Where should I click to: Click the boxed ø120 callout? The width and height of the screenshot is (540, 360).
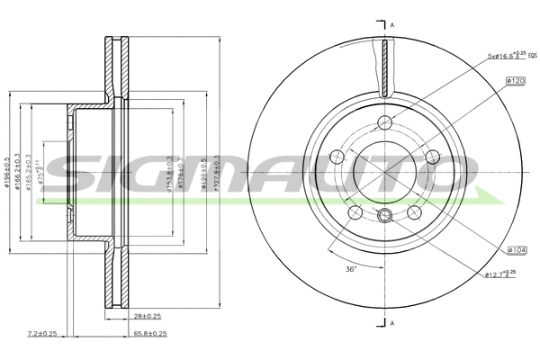click(x=516, y=81)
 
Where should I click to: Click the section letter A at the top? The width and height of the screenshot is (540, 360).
click(x=392, y=24)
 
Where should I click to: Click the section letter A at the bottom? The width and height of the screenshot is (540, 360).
click(x=392, y=321)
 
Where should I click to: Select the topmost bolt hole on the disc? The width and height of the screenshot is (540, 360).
click(x=385, y=122)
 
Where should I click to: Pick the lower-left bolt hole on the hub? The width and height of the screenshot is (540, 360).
click(x=355, y=212)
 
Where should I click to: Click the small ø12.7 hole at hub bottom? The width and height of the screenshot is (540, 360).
click(x=385, y=214)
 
